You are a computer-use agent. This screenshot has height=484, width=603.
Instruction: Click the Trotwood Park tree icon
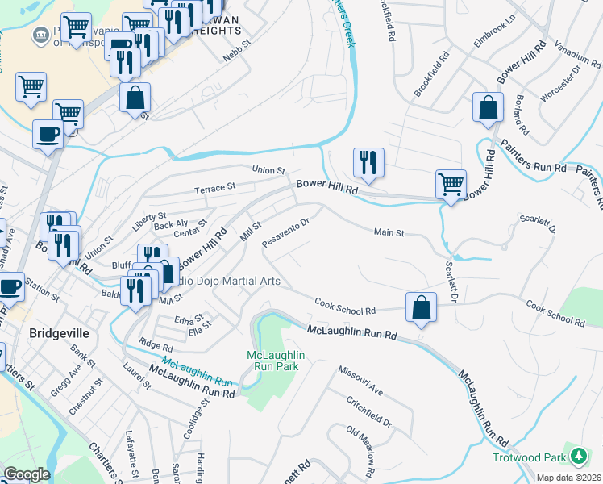coord(578,456)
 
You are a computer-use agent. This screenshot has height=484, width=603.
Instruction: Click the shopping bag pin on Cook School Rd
coord(421,308)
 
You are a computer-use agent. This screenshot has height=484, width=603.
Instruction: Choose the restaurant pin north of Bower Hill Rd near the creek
coord(368,163)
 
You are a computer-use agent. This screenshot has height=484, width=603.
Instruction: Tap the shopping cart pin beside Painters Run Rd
coord(451,185)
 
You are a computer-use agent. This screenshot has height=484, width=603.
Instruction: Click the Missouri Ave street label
coord(360,378)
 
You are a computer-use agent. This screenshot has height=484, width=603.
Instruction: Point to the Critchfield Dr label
coord(368,411)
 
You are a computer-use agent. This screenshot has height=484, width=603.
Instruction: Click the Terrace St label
coord(214,187)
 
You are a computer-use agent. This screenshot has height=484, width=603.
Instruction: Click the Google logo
coord(27,474)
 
